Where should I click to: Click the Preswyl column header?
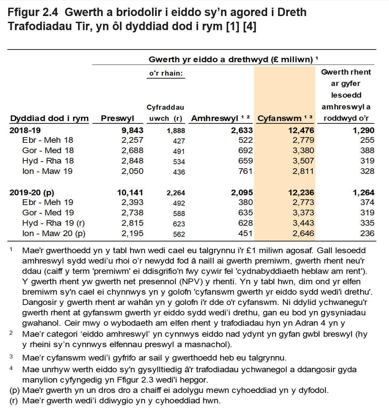117,118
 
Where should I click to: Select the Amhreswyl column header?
215,118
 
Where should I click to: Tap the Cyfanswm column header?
280,118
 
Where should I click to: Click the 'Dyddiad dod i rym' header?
50,118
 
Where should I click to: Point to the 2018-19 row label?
25,130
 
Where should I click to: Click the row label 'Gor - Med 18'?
48,150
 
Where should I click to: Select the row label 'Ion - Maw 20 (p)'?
54,233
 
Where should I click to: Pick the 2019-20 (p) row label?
32,193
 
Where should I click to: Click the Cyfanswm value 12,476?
301,130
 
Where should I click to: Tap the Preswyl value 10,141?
130,193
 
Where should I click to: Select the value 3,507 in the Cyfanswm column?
303,161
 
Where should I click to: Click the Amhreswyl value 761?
245,171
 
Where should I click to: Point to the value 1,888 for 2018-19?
176,131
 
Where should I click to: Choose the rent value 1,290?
363,130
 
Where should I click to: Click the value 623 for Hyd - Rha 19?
179,224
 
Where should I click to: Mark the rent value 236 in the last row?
367,233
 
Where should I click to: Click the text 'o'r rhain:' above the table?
166,73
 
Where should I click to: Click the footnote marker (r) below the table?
13,401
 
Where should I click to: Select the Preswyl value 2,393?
132,202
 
